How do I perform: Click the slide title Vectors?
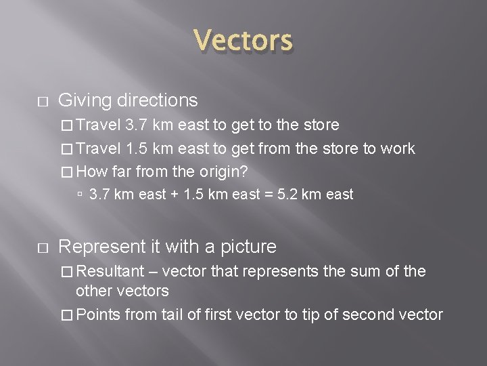[x=243, y=41]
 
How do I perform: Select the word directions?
[x=157, y=100]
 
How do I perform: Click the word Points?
[x=98, y=314]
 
